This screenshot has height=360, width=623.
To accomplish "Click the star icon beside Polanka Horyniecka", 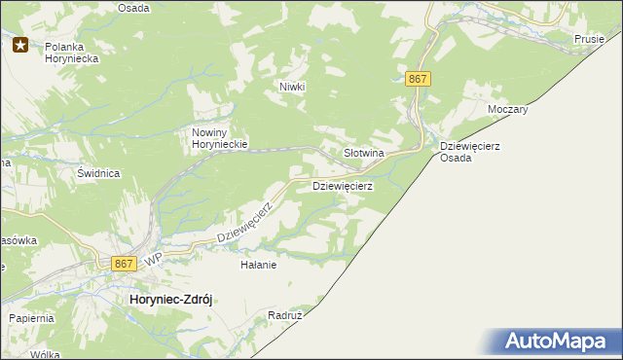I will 20,44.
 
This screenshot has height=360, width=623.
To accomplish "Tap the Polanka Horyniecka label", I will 72,52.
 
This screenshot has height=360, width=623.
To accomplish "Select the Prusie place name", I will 589,39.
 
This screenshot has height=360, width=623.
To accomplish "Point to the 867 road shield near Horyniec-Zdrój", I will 123,263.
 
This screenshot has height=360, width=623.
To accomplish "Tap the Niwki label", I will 292,87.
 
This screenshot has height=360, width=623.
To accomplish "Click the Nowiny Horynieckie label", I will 221,138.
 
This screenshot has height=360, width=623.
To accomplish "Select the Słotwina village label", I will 365,154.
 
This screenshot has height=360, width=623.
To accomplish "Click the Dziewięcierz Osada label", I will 469,151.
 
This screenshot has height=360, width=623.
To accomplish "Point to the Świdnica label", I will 98,173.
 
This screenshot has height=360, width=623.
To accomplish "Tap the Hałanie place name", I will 259,264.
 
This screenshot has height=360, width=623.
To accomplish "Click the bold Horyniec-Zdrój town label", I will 170,301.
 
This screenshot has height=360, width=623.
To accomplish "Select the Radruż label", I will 286,316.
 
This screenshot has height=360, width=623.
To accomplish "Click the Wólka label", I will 44,354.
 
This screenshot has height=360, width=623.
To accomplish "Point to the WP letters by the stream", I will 153,261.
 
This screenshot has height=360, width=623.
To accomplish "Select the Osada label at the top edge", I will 133,7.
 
